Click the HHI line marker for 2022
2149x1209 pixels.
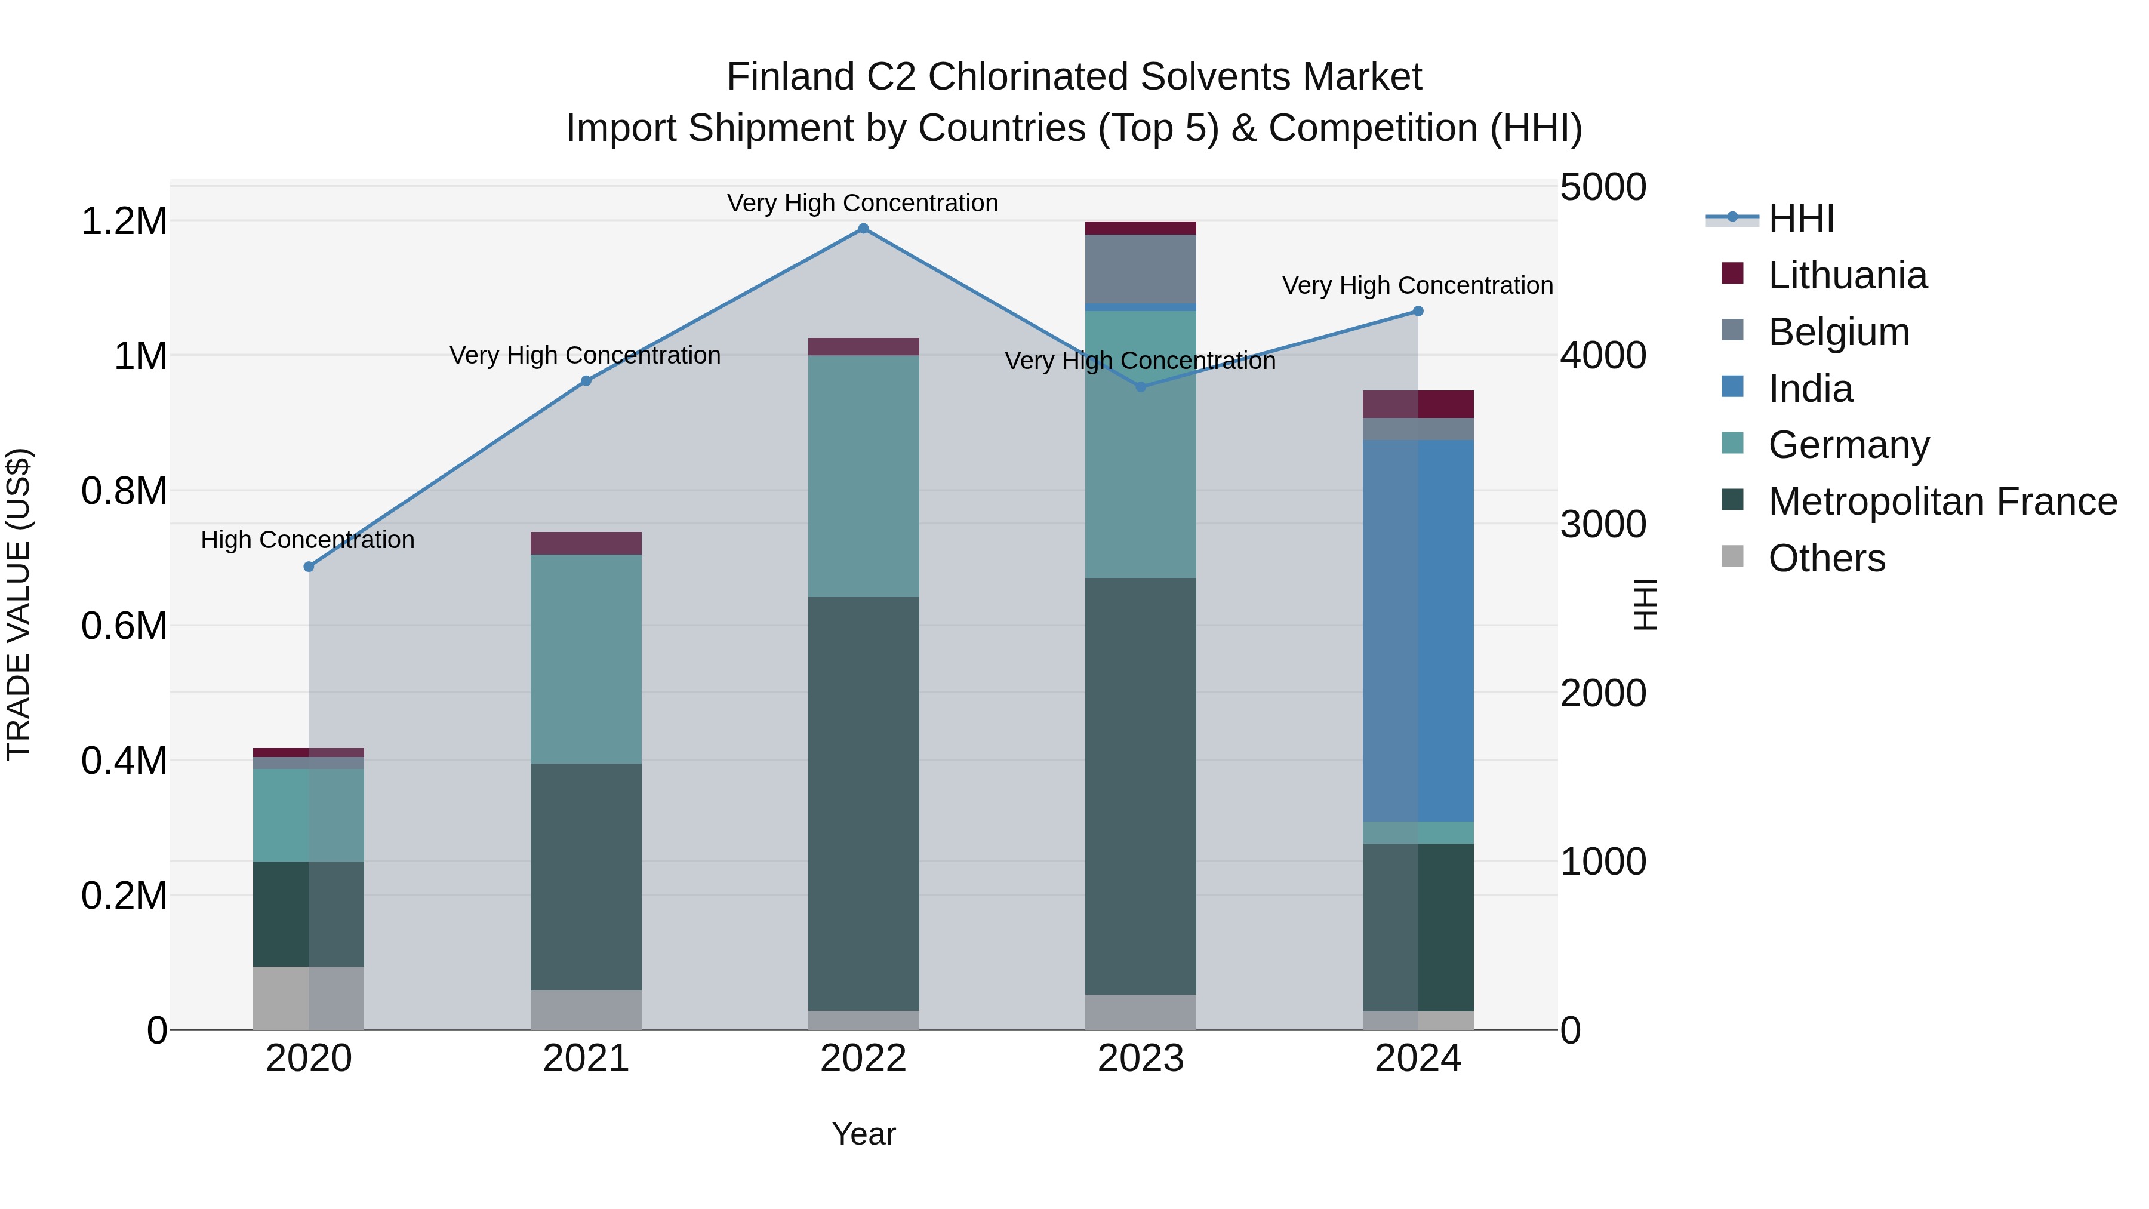coord(863,229)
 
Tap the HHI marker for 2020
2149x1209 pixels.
coord(309,567)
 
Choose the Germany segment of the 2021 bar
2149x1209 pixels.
coord(586,659)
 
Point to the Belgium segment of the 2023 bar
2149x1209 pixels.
coord(1140,269)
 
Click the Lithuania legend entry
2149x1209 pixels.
coord(1847,275)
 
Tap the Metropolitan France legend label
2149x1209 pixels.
coord(1942,502)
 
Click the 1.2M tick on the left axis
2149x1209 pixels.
coord(124,222)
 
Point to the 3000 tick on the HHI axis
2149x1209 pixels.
coord(1603,525)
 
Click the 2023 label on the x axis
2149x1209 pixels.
coord(1140,1059)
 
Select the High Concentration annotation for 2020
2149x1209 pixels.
coord(308,540)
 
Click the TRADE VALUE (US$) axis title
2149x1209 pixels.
coord(19,604)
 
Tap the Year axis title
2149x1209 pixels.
coord(863,1134)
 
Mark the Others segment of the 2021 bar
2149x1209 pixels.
coord(586,1010)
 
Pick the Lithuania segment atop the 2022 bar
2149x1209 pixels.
coord(863,346)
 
